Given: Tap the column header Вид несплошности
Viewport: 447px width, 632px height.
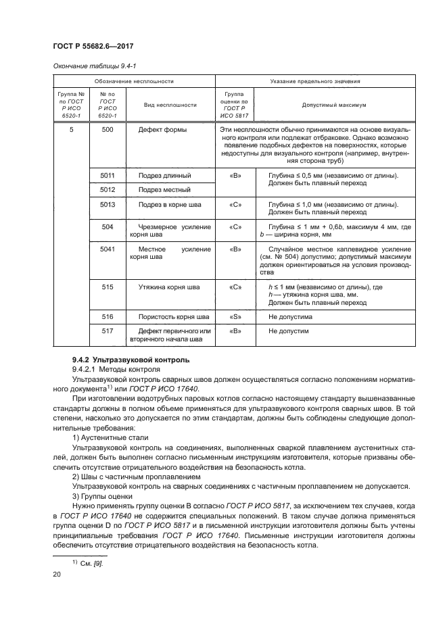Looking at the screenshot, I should (170, 105).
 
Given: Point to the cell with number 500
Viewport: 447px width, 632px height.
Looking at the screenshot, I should (107, 129).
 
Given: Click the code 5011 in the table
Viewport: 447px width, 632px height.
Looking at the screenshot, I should (107, 175).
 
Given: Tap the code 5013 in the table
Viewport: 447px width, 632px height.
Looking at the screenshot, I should (107, 204).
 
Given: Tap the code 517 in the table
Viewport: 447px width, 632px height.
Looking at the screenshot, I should (107, 331).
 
